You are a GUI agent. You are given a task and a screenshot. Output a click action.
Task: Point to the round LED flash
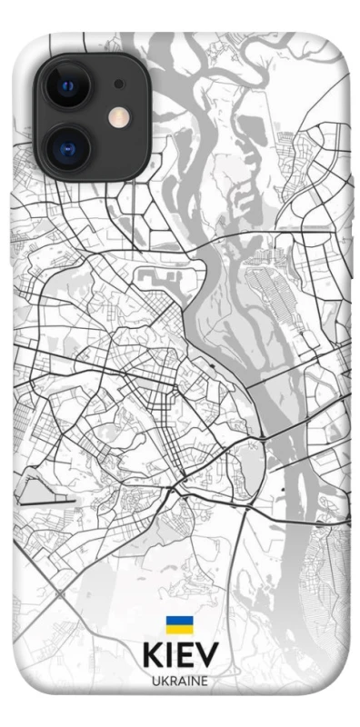point(118,116)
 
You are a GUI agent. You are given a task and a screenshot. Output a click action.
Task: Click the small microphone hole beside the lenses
point(118,85)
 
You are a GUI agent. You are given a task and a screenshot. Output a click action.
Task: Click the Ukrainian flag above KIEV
point(179,624)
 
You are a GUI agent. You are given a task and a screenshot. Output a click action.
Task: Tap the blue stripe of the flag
point(179,621)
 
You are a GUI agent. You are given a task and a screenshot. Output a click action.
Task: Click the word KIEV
point(180,654)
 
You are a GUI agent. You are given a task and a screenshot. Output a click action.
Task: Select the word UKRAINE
point(180,680)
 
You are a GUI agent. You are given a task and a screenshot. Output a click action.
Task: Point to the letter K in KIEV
point(153,654)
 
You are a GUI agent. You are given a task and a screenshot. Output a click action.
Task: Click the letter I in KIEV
point(170,654)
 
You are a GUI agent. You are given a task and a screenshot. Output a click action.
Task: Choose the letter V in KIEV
point(206,654)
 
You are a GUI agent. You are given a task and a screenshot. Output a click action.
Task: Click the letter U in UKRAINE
point(156,680)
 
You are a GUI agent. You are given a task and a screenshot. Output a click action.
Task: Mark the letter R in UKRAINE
point(173,680)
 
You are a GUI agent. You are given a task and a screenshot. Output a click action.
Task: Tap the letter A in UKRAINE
point(181,680)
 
